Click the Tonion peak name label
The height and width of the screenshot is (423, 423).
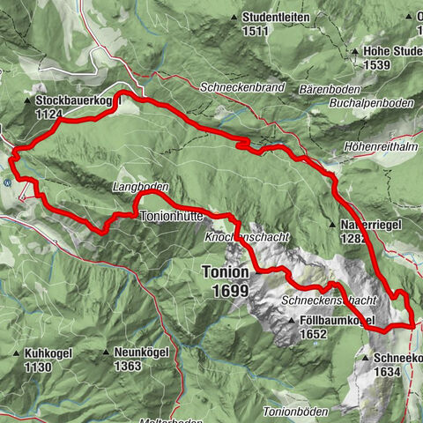(225, 272)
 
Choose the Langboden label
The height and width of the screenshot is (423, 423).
(140, 188)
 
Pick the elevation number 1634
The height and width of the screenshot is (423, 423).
(384, 372)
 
